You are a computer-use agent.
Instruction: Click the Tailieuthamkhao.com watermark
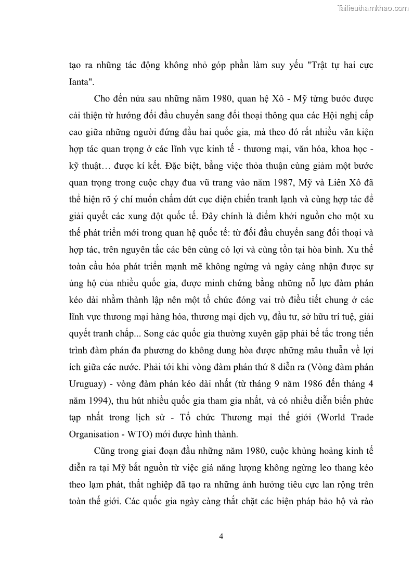[373, 8]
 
